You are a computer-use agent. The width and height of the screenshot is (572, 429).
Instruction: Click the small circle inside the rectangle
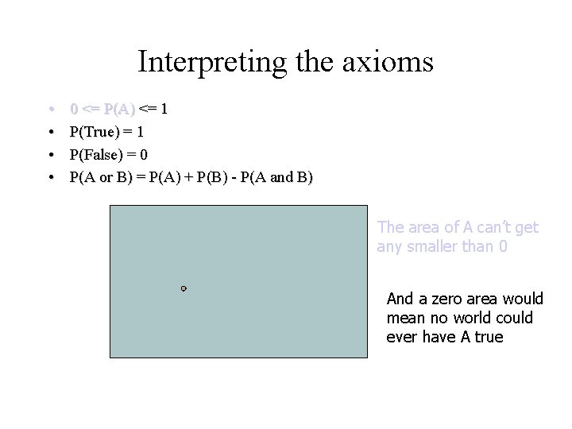click(x=184, y=288)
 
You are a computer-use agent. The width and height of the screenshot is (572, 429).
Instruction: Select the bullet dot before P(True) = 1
click(x=50, y=130)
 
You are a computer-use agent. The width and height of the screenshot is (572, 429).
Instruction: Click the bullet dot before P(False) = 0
click(x=50, y=154)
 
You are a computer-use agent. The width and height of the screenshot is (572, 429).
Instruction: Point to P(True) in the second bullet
click(x=95, y=130)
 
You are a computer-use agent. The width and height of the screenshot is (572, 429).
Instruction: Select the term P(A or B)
click(x=100, y=177)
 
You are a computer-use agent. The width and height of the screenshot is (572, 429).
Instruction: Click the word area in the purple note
click(x=426, y=228)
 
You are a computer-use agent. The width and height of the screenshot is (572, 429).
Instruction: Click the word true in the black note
click(x=489, y=337)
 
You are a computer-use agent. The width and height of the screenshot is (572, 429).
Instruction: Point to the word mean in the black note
click(x=404, y=319)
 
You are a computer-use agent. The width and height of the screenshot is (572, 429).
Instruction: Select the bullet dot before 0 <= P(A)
click(x=50, y=107)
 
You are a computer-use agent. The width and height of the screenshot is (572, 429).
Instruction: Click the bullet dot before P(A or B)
click(x=50, y=177)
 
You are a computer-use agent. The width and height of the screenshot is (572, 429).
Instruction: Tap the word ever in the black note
click(x=400, y=337)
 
